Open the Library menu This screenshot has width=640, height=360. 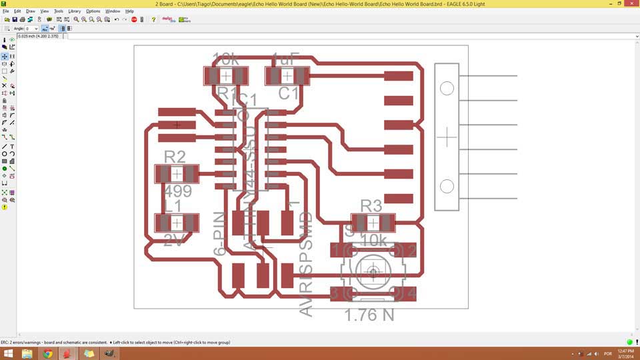click(x=74, y=11)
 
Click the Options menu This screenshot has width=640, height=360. click(x=93, y=11)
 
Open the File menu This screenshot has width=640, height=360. click(x=5, y=11)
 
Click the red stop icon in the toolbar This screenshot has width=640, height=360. click(x=134, y=20)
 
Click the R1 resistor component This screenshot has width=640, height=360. click(x=226, y=76)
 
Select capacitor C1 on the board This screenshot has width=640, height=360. click(x=287, y=76)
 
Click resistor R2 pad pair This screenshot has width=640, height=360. click(x=177, y=174)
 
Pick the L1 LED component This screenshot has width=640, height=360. click(x=177, y=223)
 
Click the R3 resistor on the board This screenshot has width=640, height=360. click(x=373, y=223)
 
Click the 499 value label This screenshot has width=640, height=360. click(x=177, y=192)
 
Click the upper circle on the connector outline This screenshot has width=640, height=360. click(x=447, y=89)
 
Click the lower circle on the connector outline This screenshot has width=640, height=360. click(x=447, y=186)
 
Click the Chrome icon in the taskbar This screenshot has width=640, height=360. click(x=48, y=353)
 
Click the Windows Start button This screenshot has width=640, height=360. click(x=9, y=353)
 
